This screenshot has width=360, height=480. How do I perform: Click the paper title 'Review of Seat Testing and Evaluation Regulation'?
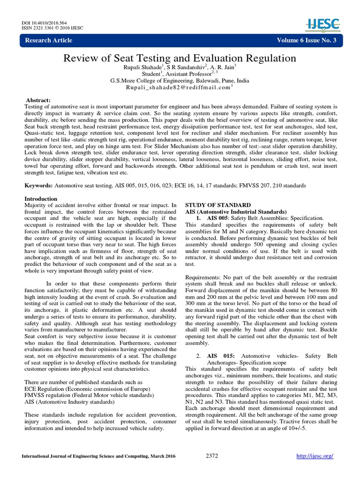point(180,58)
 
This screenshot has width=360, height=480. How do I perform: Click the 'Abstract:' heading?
point(38,101)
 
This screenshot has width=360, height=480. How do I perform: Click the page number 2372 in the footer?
point(212,456)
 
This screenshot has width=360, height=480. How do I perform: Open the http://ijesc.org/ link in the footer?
point(315,456)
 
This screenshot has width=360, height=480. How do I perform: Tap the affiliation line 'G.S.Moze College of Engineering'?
point(180,81)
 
